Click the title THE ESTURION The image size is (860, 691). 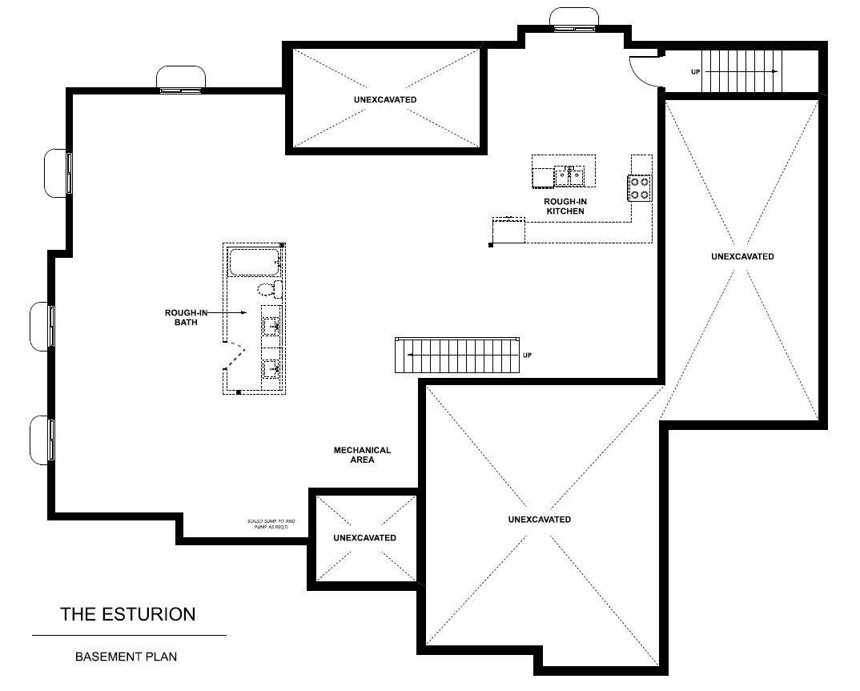(128, 614)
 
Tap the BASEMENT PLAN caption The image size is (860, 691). (126, 657)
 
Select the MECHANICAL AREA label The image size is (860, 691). (362, 455)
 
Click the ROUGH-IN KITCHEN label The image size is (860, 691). (565, 206)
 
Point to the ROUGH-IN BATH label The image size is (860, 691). (187, 317)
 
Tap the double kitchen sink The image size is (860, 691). (570, 173)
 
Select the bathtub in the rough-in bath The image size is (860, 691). (254, 262)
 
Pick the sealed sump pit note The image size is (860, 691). (267, 525)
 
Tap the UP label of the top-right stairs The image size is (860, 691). (696, 72)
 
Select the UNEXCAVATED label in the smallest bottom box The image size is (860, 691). (364, 537)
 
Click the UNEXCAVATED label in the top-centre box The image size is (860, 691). (385, 99)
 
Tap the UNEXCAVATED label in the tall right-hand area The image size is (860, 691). (742, 256)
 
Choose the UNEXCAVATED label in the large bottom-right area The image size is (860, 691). (540, 519)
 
